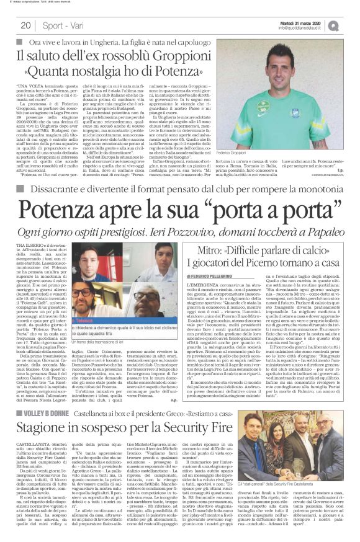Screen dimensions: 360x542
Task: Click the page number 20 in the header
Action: tap(25, 25)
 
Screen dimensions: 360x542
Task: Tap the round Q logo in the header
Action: tap(351, 25)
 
